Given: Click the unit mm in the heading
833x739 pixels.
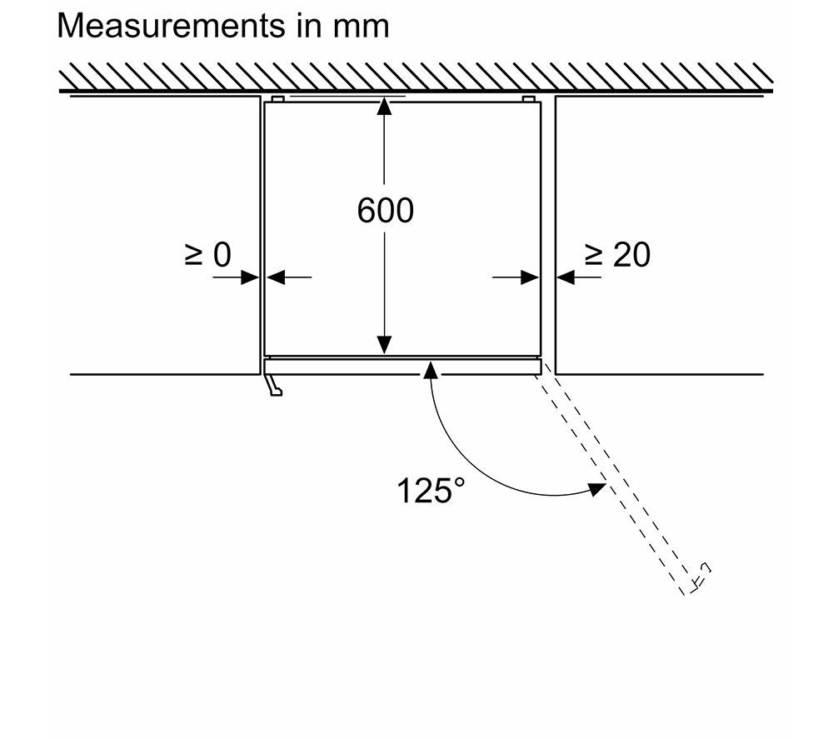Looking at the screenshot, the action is tap(362, 27).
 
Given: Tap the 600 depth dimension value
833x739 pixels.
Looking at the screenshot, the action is tap(385, 211).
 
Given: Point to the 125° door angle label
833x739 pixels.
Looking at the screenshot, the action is tap(431, 491).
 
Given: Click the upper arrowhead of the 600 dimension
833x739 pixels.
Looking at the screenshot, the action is tap(384, 107).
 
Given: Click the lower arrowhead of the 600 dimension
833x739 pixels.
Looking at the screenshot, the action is tap(384, 345).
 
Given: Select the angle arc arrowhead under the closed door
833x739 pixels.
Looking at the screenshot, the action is tap(431, 369).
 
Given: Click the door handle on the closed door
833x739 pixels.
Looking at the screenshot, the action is tap(274, 385).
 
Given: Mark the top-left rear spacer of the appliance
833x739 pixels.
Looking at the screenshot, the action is tap(277, 99).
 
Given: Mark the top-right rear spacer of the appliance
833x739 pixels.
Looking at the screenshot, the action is tap(528, 99).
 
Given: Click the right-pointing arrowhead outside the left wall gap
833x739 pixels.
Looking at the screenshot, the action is tap(250, 277).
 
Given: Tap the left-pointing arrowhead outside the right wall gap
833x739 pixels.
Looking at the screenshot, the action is tap(566, 277).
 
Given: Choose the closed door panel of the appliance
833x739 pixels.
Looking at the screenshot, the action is tap(402, 366).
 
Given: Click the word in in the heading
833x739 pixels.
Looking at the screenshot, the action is tap(309, 26).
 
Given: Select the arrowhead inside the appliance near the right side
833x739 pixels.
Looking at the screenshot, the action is tap(530, 277).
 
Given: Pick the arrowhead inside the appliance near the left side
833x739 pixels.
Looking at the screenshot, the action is tap(275, 277).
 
